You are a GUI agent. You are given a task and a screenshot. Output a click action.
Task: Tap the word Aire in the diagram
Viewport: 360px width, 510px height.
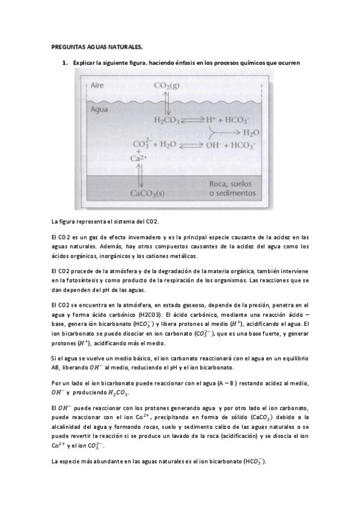(x=97, y=85)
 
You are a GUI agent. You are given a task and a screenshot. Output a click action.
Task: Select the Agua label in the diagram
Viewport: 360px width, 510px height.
(x=98, y=110)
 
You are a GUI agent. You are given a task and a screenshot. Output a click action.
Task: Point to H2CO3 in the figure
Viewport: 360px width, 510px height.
(x=166, y=120)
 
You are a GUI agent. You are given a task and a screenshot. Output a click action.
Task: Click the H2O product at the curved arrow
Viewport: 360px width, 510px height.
(x=251, y=132)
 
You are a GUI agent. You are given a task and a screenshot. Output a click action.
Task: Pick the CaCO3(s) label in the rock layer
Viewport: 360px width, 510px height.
(x=147, y=194)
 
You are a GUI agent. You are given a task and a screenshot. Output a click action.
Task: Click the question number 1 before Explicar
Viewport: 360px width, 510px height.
(x=64, y=63)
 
